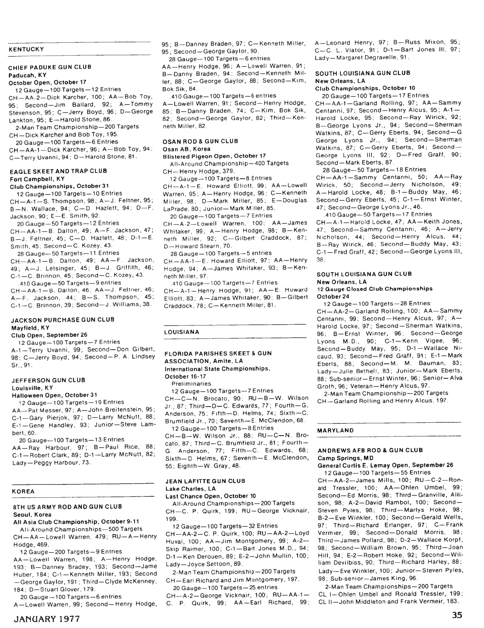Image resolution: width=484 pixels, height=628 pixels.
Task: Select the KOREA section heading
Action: [23, 491]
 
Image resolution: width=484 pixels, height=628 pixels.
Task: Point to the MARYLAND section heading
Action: [335, 430]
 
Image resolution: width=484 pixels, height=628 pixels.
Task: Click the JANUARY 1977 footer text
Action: [47, 618]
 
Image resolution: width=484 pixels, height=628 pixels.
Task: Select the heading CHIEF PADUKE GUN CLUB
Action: [50, 67]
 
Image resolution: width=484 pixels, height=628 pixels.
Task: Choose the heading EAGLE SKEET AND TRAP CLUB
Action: [58, 171]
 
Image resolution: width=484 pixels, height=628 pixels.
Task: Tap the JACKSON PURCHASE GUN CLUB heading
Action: [63, 319]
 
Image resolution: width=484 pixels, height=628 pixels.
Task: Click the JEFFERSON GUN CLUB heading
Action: [48, 380]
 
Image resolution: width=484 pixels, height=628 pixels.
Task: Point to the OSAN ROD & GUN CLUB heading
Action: [200, 141]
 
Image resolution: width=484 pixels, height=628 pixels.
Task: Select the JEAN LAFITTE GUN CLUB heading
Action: [205, 481]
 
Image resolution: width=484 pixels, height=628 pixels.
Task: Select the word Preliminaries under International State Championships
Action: [191, 384]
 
